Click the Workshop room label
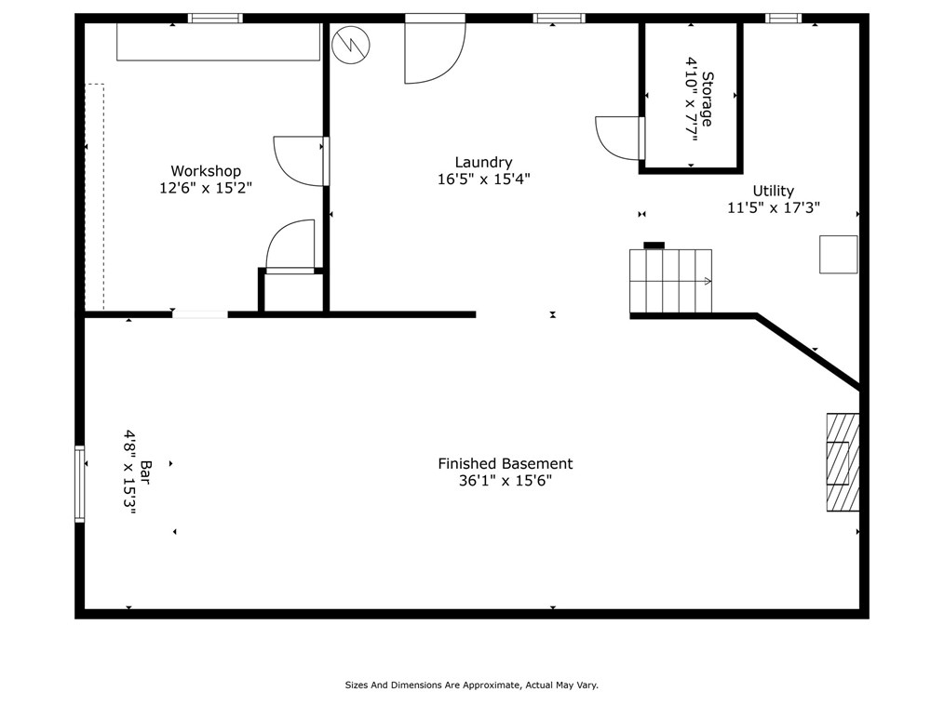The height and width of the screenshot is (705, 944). [x=206, y=171]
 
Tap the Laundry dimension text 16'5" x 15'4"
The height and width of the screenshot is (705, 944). [x=483, y=180]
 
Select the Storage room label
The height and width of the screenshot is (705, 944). [x=708, y=100]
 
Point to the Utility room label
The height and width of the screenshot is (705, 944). [x=773, y=192]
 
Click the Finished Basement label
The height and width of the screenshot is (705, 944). [x=506, y=464]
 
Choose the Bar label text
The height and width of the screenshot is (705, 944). [x=145, y=472]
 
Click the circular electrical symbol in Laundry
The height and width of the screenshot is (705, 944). [x=351, y=45]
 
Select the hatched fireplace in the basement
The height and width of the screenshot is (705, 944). [x=843, y=462]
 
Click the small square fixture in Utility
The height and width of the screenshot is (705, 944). [x=838, y=255]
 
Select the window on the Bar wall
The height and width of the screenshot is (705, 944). [x=79, y=483]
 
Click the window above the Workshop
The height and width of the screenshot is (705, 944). [x=215, y=18]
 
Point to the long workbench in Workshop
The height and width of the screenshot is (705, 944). [x=218, y=42]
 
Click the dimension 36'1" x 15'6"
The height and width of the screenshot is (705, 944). [x=506, y=481]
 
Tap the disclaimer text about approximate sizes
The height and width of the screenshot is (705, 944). [x=471, y=685]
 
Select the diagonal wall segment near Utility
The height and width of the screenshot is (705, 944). [x=808, y=352]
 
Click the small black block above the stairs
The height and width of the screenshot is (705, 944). [x=654, y=246]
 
